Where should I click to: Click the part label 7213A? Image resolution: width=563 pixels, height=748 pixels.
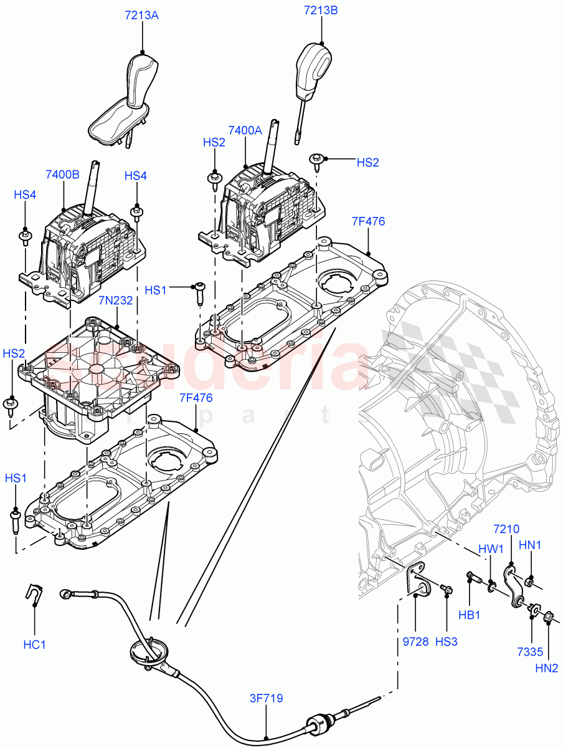pyautogui.click(x=142, y=16)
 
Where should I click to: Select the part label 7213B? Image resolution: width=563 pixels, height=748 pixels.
pyautogui.click(x=321, y=10)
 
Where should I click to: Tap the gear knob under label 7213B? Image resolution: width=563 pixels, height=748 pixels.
pyautogui.click(x=315, y=65)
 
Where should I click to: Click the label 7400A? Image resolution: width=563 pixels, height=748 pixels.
pyautogui.click(x=245, y=130)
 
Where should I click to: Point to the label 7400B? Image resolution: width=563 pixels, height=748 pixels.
pyautogui.click(x=62, y=175)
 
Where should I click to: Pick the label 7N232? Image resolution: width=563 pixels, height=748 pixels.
pyautogui.click(x=116, y=300)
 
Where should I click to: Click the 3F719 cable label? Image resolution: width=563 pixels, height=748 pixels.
pyautogui.click(x=267, y=699)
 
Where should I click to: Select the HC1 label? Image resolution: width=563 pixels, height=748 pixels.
pyautogui.click(x=35, y=645)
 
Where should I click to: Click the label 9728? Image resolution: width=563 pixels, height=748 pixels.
pyautogui.click(x=415, y=641)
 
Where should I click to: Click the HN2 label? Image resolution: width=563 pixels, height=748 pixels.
pyautogui.click(x=546, y=669)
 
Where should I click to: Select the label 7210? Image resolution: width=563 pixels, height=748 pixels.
pyautogui.click(x=506, y=529)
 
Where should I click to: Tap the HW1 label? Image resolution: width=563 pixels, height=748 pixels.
pyautogui.click(x=490, y=550)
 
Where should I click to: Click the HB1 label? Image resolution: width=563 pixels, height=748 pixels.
pyautogui.click(x=469, y=615)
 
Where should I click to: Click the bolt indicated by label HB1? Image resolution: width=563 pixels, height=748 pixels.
pyautogui.click(x=474, y=577)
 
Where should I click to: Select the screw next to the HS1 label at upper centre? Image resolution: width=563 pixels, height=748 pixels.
pyautogui.click(x=200, y=292)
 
